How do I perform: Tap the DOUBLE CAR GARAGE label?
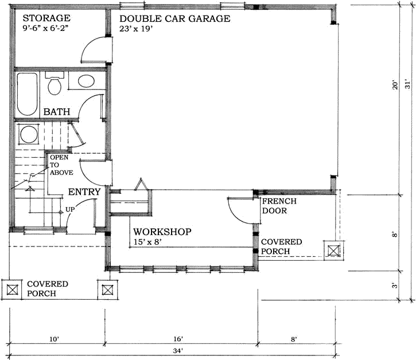174,18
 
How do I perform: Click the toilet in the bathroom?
55,84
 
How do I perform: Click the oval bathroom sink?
86,81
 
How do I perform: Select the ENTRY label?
84,192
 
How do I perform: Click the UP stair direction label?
70,209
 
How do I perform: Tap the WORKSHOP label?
162,232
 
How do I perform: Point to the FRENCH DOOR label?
279,206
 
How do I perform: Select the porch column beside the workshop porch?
335,250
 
